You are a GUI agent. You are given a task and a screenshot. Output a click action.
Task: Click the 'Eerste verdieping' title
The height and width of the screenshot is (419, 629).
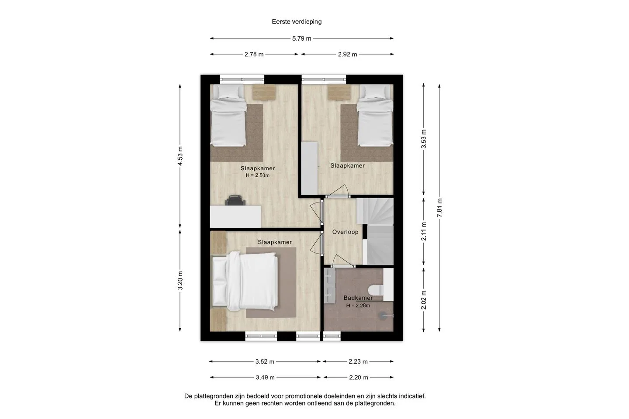click(x=297, y=22)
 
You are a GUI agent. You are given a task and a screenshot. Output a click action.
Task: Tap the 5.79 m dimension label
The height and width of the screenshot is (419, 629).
click(x=301, y=39)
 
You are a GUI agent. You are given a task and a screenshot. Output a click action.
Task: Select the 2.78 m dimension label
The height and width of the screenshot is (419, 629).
click(x=254, y=55)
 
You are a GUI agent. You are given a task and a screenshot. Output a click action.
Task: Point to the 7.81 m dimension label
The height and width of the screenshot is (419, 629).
click(x=440, y=208)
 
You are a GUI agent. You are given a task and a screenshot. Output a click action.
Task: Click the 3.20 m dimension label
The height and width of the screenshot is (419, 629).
click(x=180, y=280)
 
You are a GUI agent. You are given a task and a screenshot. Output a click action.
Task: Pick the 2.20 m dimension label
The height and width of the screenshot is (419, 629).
click(x=358, y=378)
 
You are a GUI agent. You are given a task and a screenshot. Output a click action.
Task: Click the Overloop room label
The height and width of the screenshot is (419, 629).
click(x=345, y=232)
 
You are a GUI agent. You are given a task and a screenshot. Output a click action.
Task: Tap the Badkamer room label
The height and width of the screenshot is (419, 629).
click(x=358, y=298)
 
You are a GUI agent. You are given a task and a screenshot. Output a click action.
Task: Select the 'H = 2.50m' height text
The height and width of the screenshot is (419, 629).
click(x=258, y=175)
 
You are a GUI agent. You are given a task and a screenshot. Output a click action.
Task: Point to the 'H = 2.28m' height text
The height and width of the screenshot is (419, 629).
click(x=358, y=306)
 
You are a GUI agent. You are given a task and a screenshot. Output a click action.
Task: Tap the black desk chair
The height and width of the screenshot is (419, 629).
click(x=235, y=200)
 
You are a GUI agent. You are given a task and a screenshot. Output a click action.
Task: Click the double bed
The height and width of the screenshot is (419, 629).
click(x=245, y=281)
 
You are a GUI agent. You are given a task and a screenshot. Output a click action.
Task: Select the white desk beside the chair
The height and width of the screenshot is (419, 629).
click(x=235, y=216)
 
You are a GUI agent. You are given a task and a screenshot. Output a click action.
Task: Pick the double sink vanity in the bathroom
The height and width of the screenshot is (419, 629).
click(x=329, y=286)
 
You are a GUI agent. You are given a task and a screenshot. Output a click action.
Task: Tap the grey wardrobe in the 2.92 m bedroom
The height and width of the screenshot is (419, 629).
click(x=309, y=168)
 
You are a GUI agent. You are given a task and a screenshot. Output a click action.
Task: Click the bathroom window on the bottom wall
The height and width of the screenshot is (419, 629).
click(x=332, y=336)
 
